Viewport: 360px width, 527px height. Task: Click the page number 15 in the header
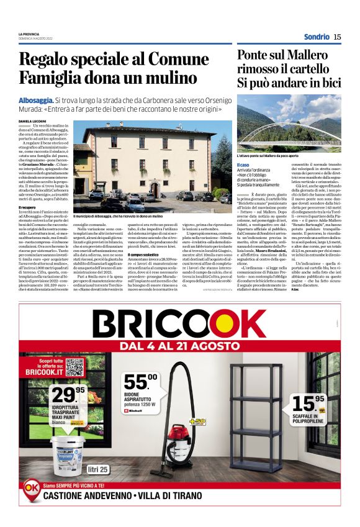[x=337, y=37]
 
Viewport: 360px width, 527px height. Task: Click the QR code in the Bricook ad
[x=74, y=367]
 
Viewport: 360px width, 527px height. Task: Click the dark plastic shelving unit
[x=263, y=422]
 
